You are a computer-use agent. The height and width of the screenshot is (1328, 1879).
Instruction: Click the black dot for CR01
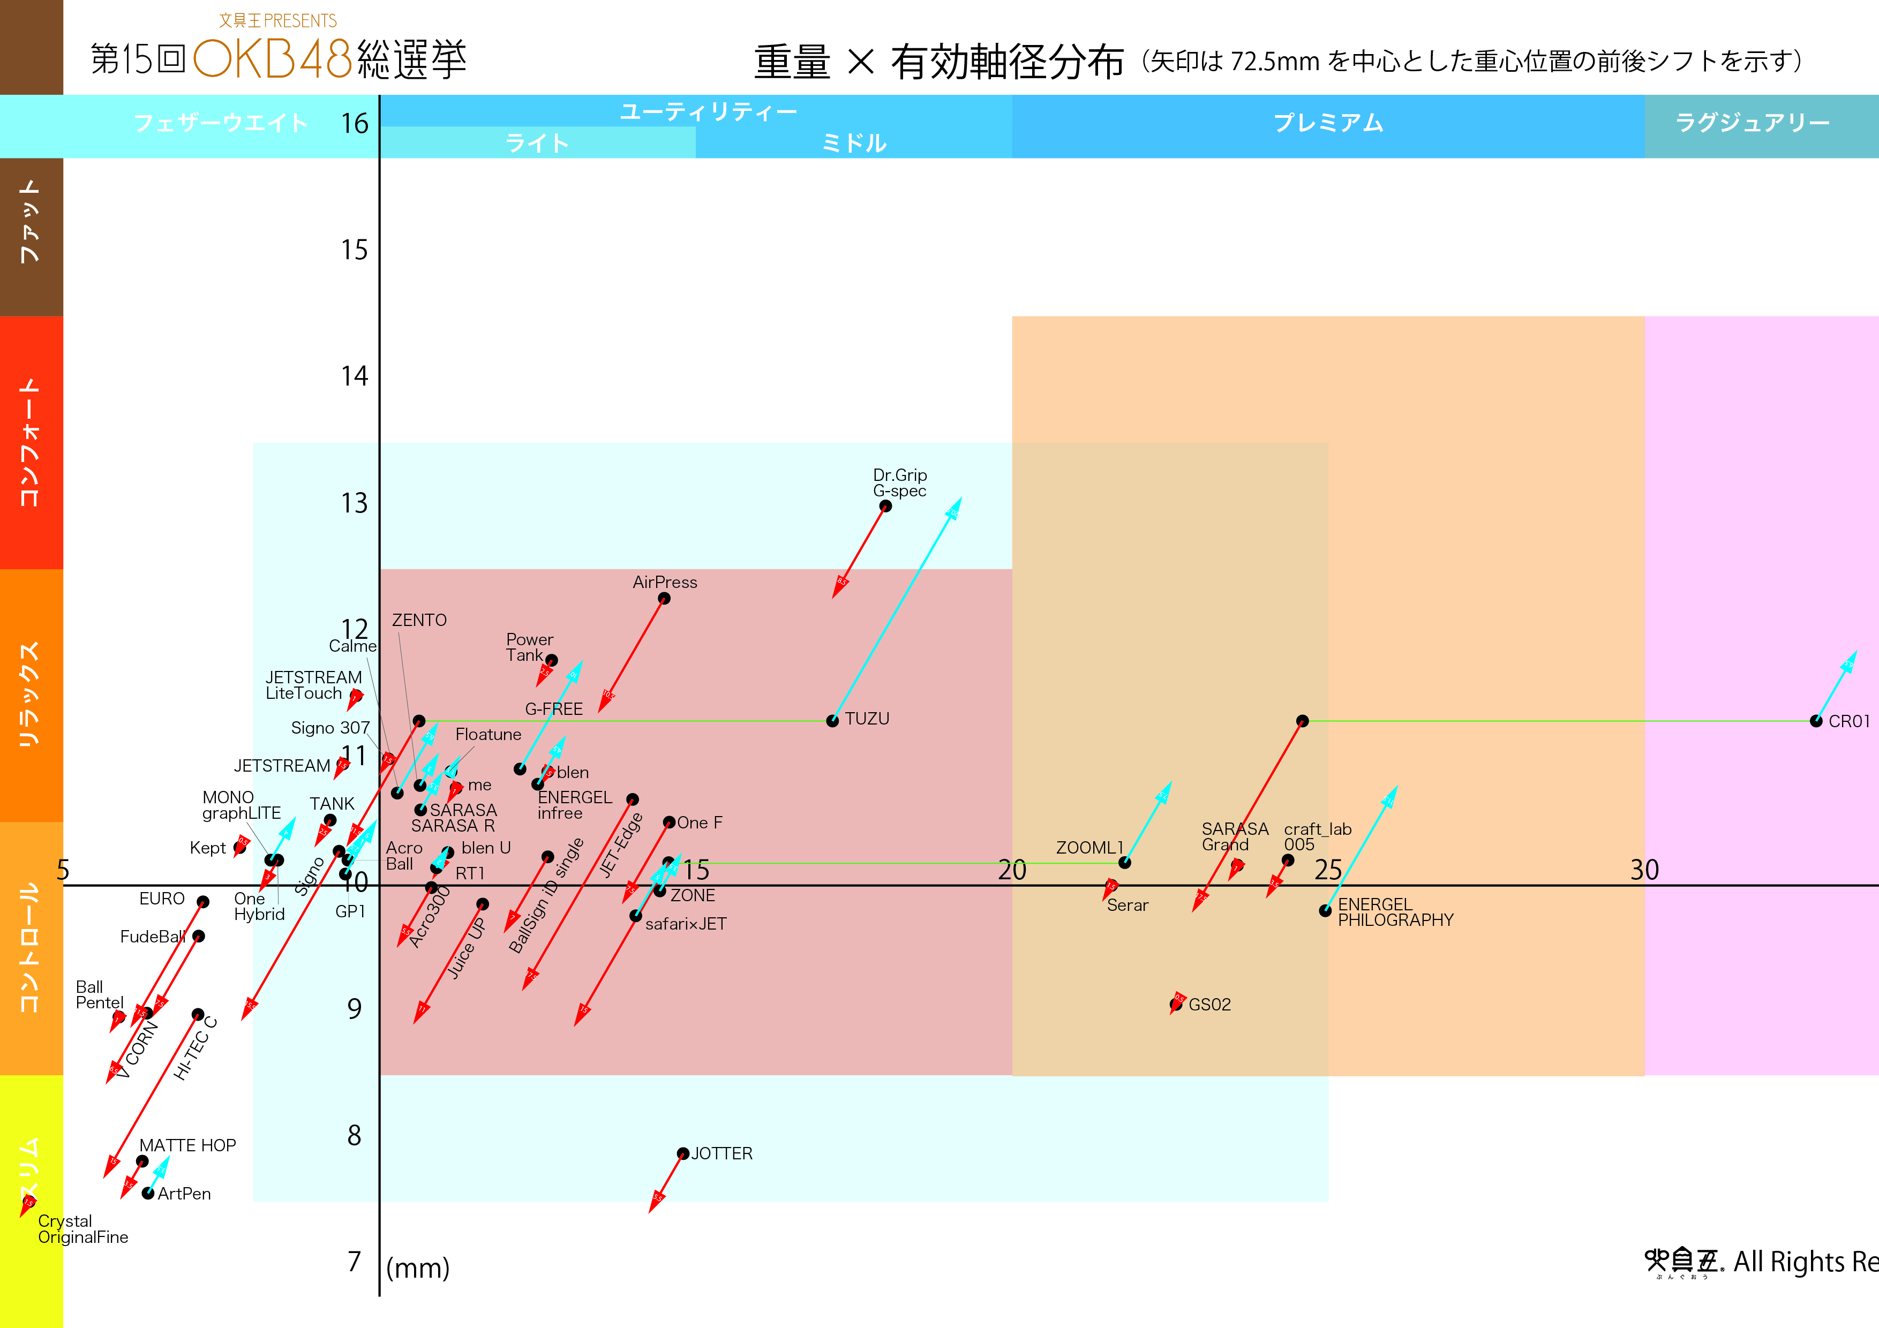coord(1816,721)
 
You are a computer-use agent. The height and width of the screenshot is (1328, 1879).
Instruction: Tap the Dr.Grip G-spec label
coord(899,483)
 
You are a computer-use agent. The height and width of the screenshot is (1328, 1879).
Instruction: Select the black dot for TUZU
coord(832,721)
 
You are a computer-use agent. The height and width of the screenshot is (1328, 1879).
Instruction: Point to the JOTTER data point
coord(682,1154)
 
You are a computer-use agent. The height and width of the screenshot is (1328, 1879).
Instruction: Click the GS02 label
coord(1209,1005)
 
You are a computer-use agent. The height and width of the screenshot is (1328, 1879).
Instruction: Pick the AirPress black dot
coord(664,598)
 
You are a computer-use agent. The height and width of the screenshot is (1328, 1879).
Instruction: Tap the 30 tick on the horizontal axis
coord(1644,870)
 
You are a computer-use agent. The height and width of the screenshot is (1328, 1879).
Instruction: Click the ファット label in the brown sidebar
coord(31,221)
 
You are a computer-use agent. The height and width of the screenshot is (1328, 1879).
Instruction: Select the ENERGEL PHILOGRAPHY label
coord(1395,912)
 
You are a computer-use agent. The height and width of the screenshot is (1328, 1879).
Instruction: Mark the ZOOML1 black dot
coord(1124,863)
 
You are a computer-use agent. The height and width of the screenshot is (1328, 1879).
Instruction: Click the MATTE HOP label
coord(187,1145)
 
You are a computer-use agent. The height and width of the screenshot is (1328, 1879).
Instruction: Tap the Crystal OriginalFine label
coord(82,1229)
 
